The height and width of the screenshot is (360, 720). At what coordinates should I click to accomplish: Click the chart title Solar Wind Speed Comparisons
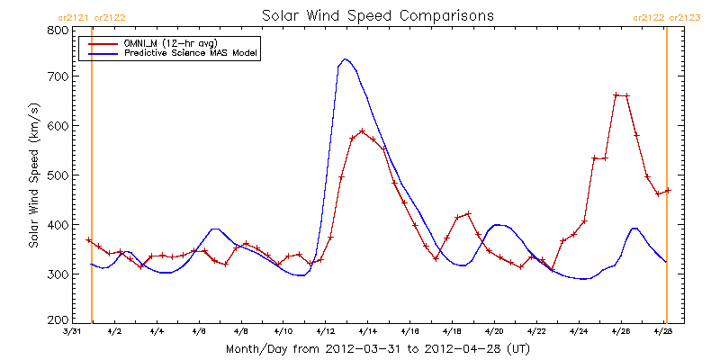(x=378, y=15)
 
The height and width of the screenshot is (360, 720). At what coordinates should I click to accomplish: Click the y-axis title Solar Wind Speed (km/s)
(x=34, y=175)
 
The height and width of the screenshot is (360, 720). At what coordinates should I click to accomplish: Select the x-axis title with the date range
(x=378, y=348)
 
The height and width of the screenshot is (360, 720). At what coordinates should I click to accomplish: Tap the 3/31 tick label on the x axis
(x=71, y=331)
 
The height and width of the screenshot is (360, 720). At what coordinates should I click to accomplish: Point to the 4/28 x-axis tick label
(x=664, y=331)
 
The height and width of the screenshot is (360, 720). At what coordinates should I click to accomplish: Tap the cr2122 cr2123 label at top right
(x=667, y=16)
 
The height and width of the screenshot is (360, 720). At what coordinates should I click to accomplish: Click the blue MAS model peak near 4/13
(x=346, y=59)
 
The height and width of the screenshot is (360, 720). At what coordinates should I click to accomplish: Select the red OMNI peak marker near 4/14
(x=362, y=131)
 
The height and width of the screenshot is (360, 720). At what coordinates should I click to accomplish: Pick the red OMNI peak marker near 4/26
(x=616, y=94)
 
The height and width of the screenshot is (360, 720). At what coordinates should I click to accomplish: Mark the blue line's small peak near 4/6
(x=214, y=229)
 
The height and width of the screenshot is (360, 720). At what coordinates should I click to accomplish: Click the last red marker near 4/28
(x=668, y=191)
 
